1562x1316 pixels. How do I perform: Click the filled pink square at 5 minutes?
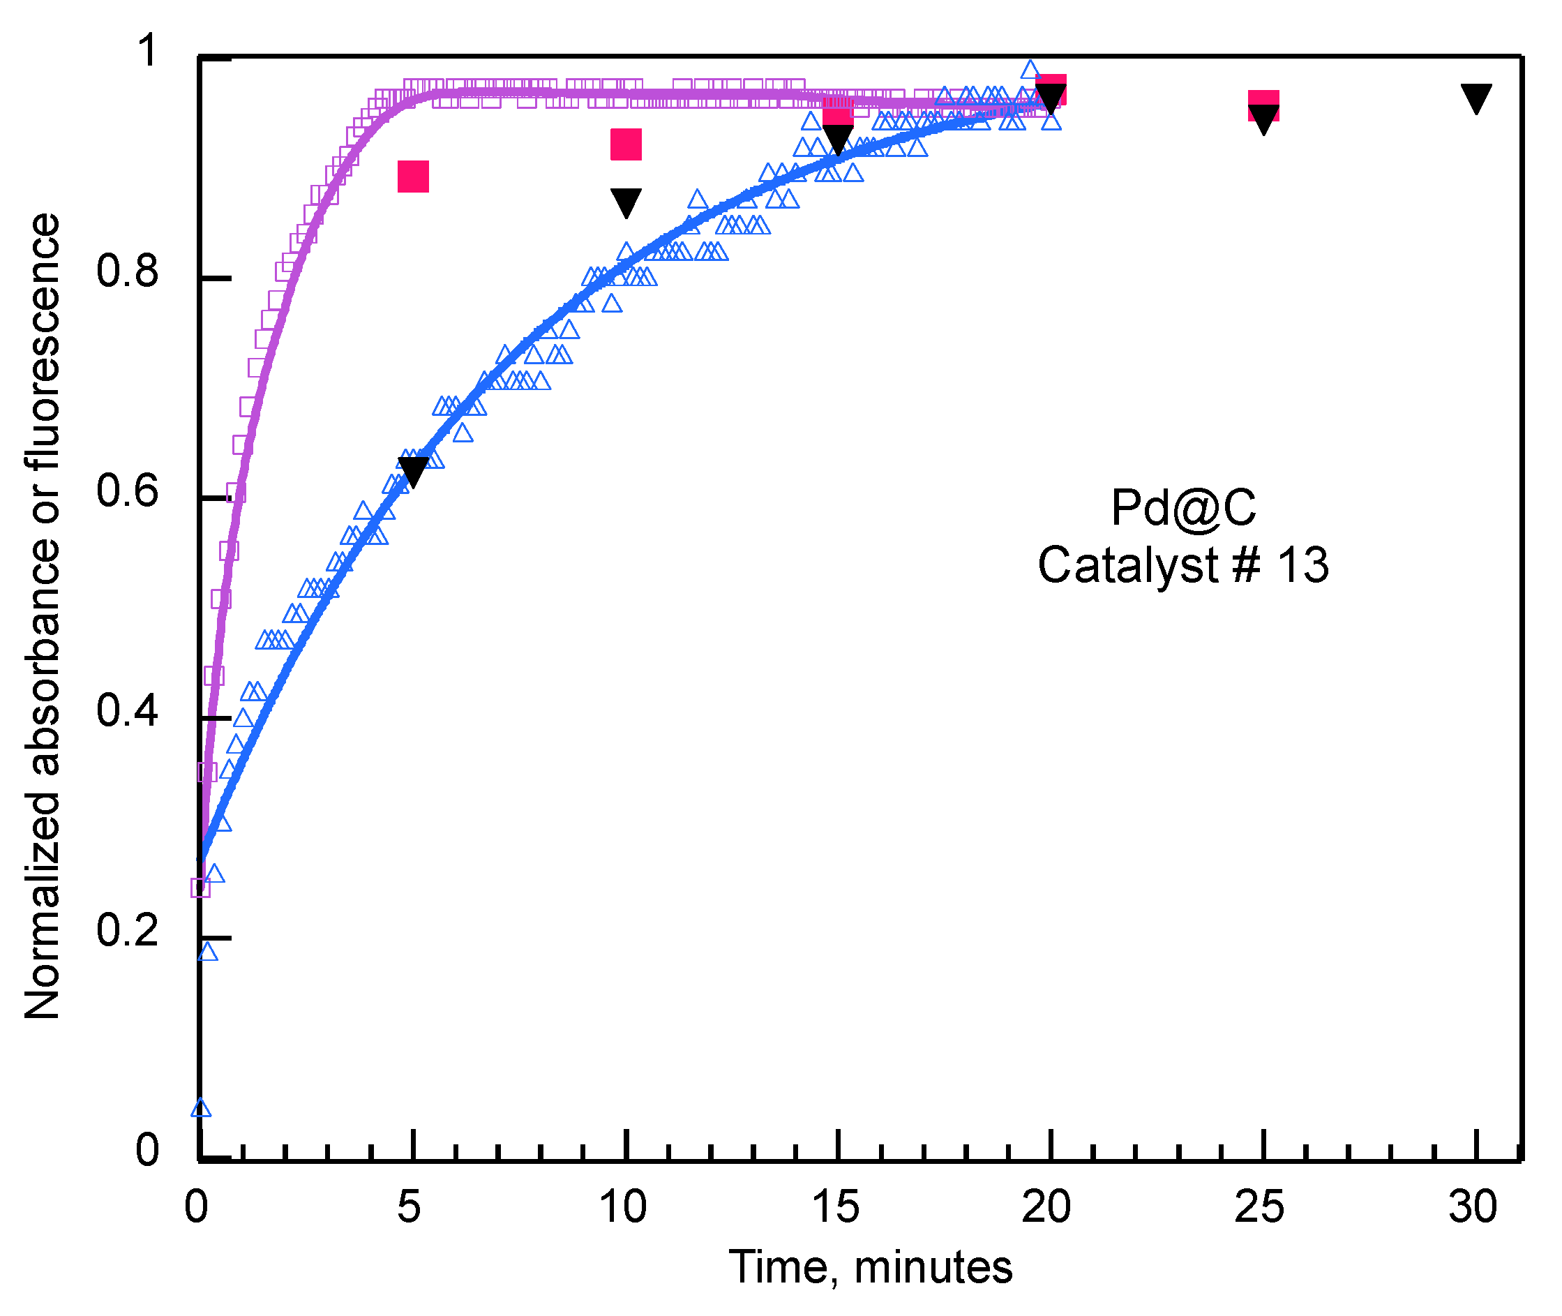(413, 176)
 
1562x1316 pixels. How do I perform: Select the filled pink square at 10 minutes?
(626, 144)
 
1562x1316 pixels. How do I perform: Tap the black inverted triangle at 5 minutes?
(413, 470)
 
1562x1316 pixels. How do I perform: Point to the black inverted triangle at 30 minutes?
(1475, 97)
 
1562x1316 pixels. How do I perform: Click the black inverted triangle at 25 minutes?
(1263, 119)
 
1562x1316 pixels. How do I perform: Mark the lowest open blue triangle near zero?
(201, 1108)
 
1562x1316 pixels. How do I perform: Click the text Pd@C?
(1183, 508)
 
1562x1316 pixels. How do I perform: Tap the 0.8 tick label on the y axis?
(128, 270)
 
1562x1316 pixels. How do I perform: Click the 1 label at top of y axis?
(149, 50)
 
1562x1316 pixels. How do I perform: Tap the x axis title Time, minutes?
(870, 1268)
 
